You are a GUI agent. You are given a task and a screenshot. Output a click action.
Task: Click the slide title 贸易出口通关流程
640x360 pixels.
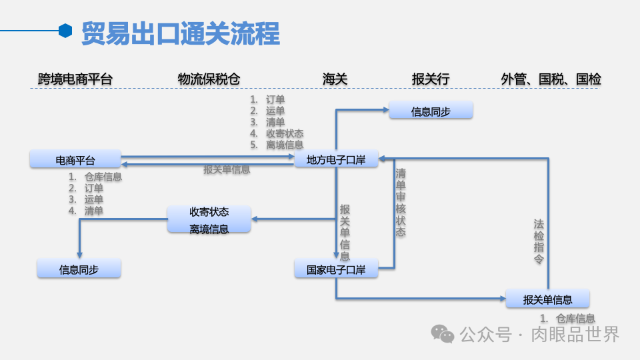(180, 33)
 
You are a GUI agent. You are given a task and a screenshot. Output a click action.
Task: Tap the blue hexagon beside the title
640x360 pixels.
(65, 30)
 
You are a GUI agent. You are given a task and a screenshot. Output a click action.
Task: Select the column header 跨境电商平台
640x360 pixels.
(75, 79)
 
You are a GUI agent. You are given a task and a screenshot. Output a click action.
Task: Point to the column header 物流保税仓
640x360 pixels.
(209, 79)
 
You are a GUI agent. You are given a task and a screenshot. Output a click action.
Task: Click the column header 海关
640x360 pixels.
(335, 79)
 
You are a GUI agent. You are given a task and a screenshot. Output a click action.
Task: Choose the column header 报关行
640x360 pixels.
(431, 79)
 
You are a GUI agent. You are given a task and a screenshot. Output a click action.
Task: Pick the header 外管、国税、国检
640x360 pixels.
(551, 79)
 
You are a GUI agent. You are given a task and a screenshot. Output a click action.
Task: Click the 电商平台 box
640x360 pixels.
(75, 160)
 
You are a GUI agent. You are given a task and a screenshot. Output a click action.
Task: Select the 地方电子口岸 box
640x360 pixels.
(336, 159)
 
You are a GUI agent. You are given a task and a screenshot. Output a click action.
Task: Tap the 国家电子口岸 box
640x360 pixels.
(336, 270)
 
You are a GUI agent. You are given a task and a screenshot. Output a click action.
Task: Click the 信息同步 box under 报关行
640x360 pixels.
(431, 111)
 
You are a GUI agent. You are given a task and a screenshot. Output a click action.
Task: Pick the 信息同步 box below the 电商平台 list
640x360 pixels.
(79, 269)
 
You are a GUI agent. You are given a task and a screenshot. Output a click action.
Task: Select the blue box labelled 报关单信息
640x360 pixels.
(547, 299)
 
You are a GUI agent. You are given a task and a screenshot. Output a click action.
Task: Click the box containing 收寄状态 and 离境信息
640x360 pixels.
(209, 220)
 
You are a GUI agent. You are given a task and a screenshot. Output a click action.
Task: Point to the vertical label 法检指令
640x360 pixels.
(539, 241)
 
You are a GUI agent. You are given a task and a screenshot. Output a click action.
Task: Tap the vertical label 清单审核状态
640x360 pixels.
(400, 203)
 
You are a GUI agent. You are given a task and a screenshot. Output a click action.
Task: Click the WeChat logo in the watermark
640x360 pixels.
(442, 333)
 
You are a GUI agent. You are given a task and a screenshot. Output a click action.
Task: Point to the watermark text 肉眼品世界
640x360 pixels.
(575, 334)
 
